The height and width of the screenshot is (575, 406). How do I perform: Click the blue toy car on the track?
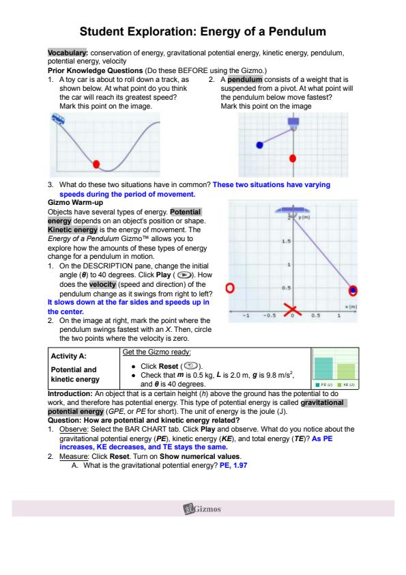pos(58,118)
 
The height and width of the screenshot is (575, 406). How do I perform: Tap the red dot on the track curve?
pos(96,164)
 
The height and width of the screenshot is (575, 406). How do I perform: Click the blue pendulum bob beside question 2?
pos(259,145)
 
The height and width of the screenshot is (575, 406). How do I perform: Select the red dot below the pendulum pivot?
pos(293,158)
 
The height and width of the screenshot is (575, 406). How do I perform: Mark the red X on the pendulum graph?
pos(293,310)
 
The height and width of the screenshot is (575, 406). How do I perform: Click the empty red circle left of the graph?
pos(230,288)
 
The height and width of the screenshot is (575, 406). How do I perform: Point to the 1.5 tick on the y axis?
pos(286,241)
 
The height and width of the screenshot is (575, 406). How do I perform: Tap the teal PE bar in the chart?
pos(323,368)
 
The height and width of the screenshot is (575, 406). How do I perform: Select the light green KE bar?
pos(346,371)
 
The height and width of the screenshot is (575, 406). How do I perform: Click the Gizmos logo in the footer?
pos(202,509)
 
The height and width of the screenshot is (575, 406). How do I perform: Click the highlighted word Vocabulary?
pos(68,53)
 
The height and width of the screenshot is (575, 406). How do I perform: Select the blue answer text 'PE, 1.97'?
pos(233,465)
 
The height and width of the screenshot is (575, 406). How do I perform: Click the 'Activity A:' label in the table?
pos(68,356)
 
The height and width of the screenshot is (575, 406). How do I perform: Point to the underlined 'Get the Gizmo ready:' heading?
pos(157,352)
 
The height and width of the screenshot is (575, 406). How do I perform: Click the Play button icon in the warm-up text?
pos(183,275)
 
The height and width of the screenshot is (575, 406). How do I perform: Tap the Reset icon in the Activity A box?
pos(190,365)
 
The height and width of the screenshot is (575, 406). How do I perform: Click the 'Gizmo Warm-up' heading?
pos(75,202)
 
